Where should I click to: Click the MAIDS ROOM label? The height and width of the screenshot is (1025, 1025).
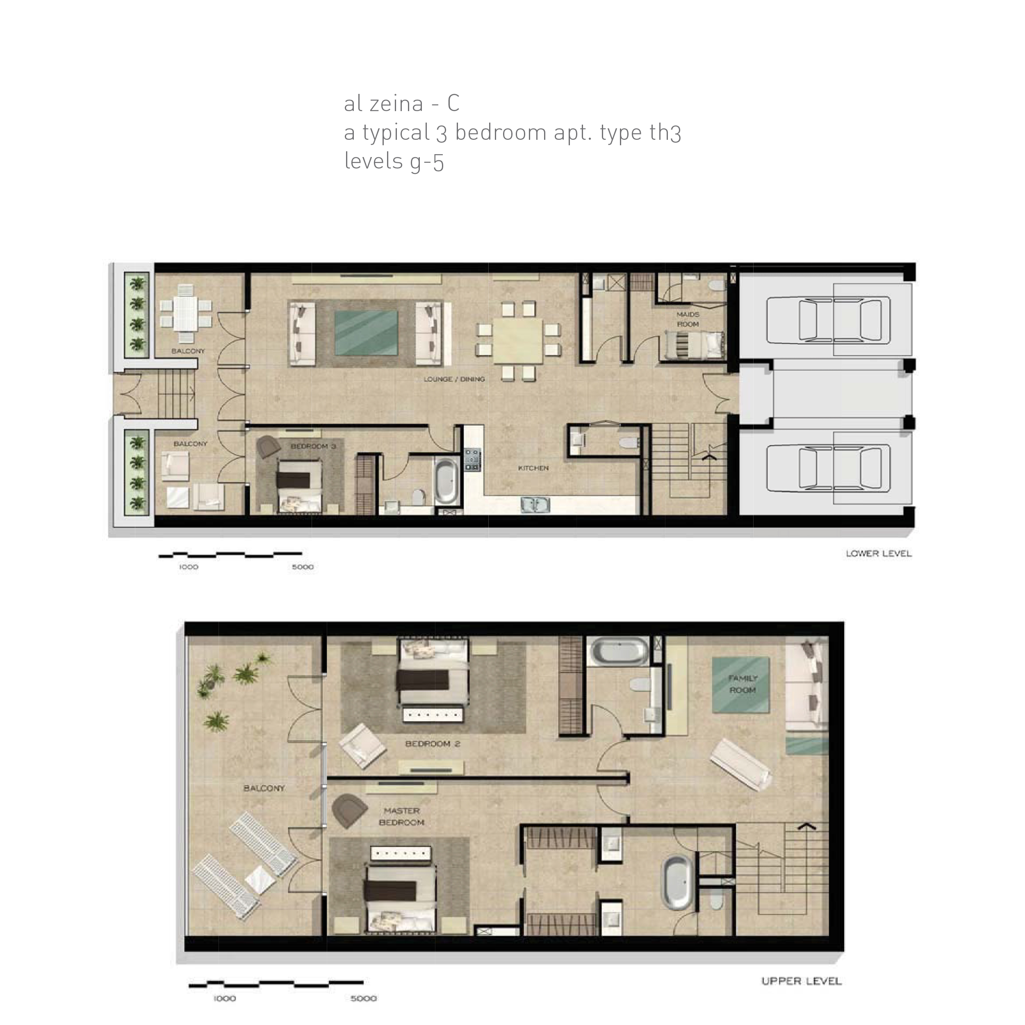pyautogui.click(x=688, y=319)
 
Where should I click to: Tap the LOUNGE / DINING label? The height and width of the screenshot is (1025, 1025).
pyautogui.click(x=454, y=379)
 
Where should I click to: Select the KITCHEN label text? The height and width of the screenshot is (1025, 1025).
pyautogui.click(x=533, y=468)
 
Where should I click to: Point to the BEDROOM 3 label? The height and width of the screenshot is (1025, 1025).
pyautogui.click(x=313, y=446)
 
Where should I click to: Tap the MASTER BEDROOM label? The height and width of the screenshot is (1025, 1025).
pyautogui.click(x=402, y=816)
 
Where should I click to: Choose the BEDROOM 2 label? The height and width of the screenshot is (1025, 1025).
pyautogui.click(x=433, y=744)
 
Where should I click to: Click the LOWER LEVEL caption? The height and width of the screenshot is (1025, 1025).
pyautogui.click(x=879, y=553)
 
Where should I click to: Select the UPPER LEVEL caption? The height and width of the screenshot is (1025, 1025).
pyautogui.click(x=801, y=981)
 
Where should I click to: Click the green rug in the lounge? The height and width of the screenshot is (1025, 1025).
pyautogui.click(x=366, y=333)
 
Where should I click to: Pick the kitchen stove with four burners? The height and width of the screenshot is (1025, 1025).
pyautogui.click(x=472, y=460)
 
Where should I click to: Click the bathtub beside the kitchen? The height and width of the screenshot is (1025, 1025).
pyautogui.click(x=447, y=482)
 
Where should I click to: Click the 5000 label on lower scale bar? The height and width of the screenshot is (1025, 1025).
pyautogui.click(x=303, y=567)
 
